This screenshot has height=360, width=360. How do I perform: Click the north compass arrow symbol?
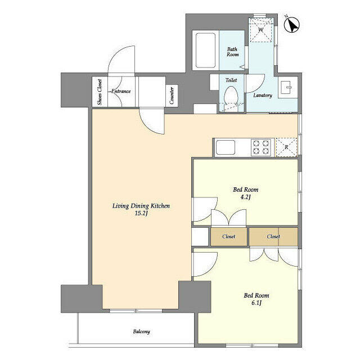click(x=292, y=25)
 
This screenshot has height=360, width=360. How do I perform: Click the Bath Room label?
click(x=232, y=52)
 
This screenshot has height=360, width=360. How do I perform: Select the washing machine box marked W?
click(x=260, y=30)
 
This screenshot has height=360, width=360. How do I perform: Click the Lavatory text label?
click(x=262, y=96)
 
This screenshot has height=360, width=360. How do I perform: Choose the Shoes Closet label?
click(x=100, y=92)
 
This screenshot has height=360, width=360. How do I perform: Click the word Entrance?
click(x=121, y=91)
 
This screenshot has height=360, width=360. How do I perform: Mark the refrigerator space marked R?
click(x=287, y=146)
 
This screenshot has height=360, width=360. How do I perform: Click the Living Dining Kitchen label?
click(x=141, y=206)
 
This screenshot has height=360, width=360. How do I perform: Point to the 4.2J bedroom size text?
click(x=245, y=197)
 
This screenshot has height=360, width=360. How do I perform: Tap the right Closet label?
click(x=273, y=237)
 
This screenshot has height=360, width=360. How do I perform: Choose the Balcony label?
click(x=141, y=332)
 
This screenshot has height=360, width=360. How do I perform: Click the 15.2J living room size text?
click(x=141, y=214)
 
